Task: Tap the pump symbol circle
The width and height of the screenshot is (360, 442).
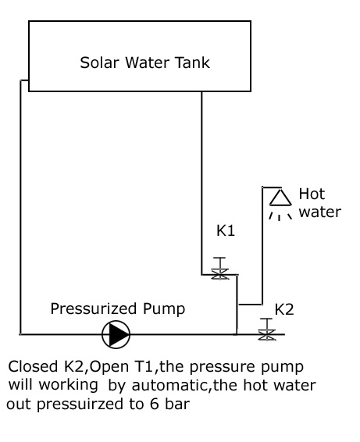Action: pos(117,335)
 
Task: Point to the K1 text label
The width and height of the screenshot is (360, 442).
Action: pos(226,232)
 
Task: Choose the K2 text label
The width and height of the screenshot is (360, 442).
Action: pos(284,308)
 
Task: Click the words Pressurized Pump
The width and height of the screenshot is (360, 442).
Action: pos(118,308)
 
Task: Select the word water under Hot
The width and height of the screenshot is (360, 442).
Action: pos(320,212)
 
